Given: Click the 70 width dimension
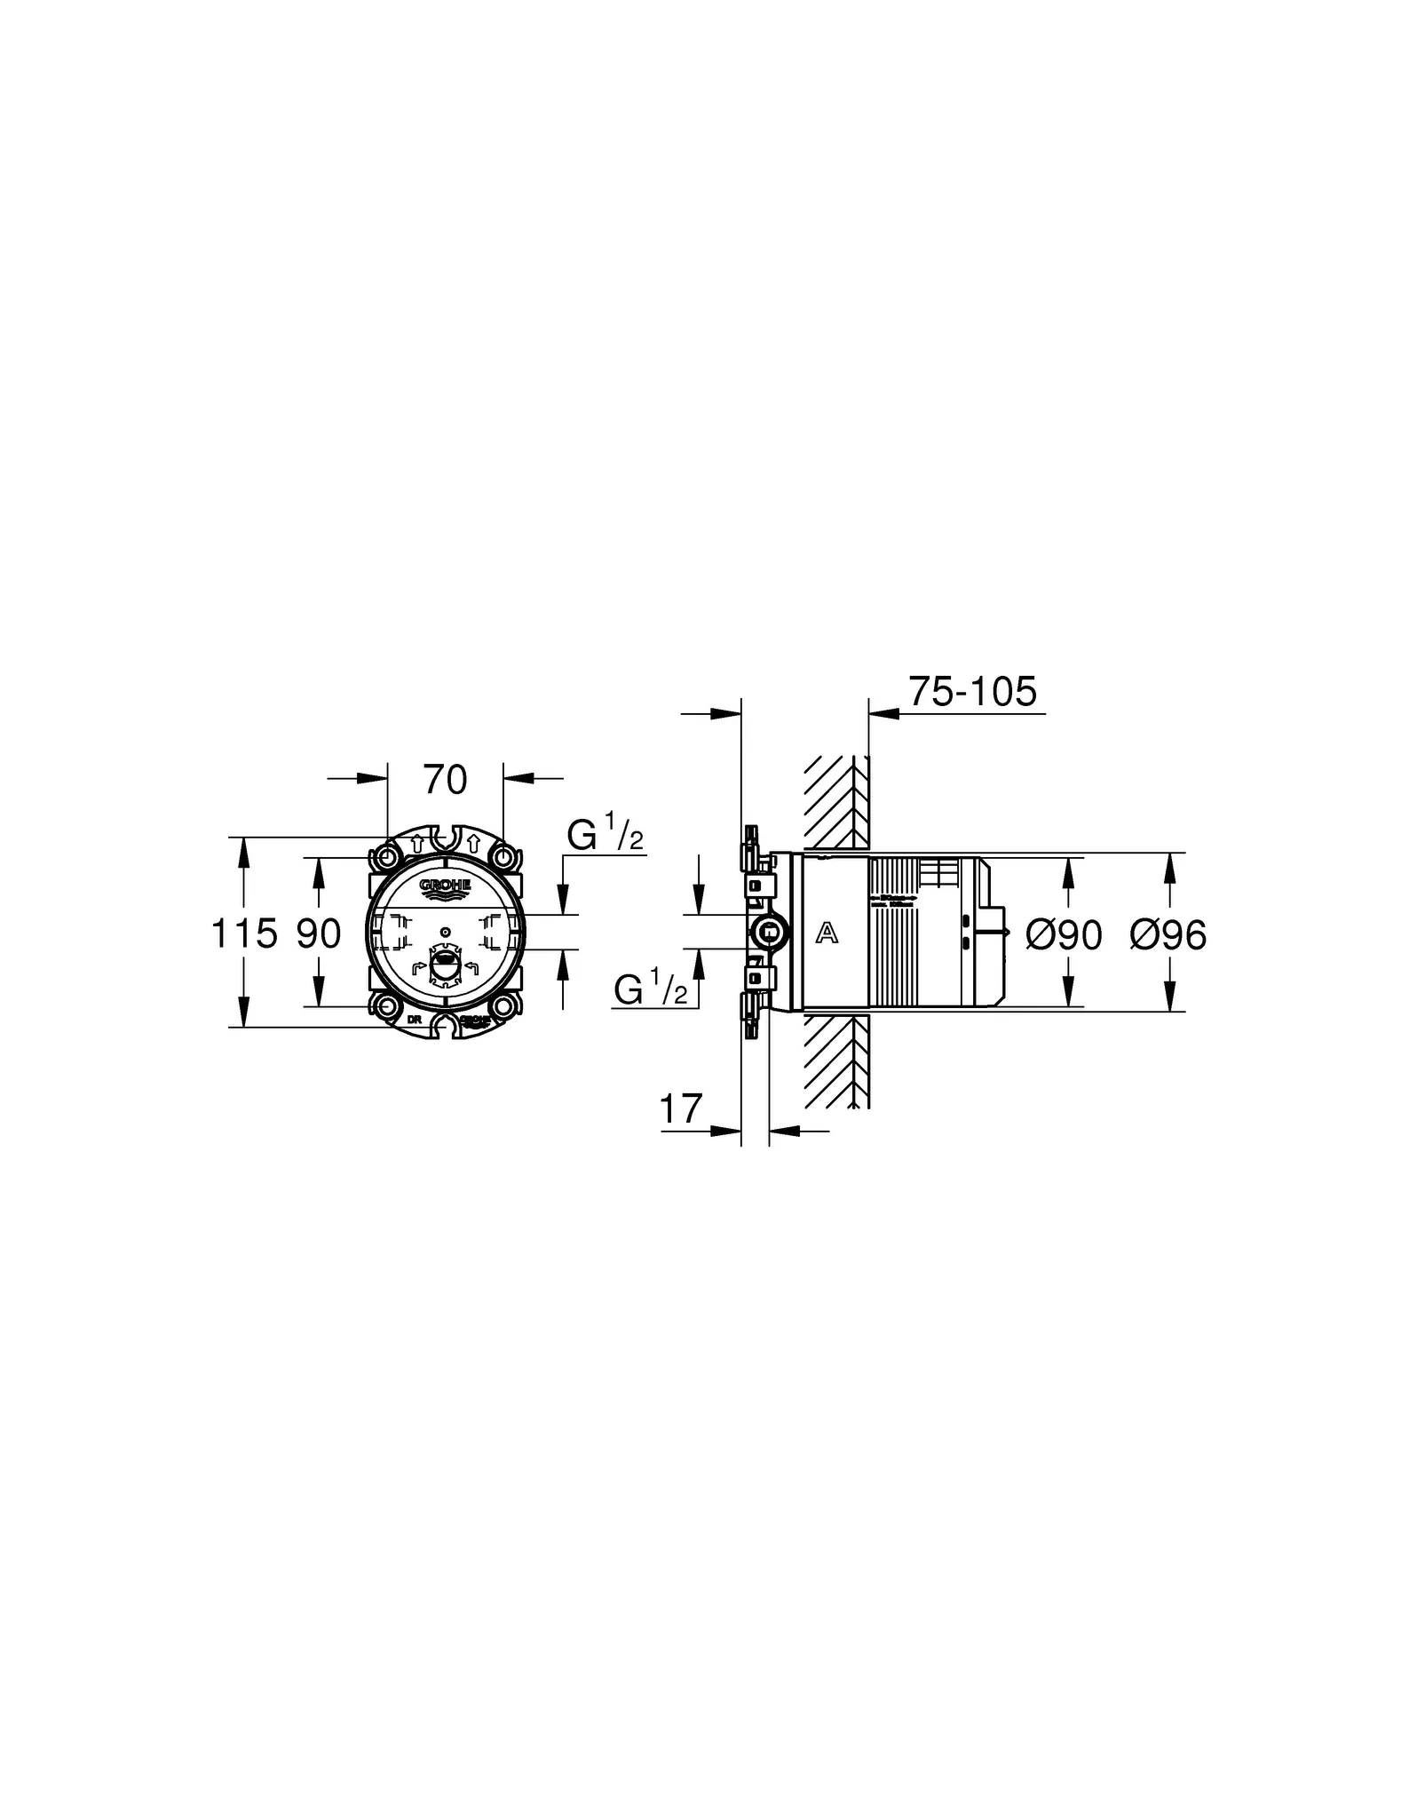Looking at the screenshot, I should (x=445, y=781).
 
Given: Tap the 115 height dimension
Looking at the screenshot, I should (x=243, y=934).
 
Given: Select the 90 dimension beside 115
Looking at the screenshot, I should (x=319, y=934).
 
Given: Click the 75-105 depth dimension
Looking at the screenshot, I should (x=972, y=692).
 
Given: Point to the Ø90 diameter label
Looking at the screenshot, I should (x=1064, y=935).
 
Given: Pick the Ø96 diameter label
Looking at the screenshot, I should (x=1168, y=935).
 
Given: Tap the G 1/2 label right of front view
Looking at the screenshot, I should (x=606, y=837).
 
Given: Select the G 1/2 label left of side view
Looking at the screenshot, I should (x=651, y=989).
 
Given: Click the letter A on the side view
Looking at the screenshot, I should (x=827, y=933).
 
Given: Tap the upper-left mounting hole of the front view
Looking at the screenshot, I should (x=387, y=858).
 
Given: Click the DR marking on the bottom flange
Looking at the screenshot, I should (x=414, y=1020).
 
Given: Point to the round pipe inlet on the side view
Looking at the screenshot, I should (x=769, y=933).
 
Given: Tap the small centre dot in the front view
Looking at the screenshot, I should (x=446, y=932).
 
